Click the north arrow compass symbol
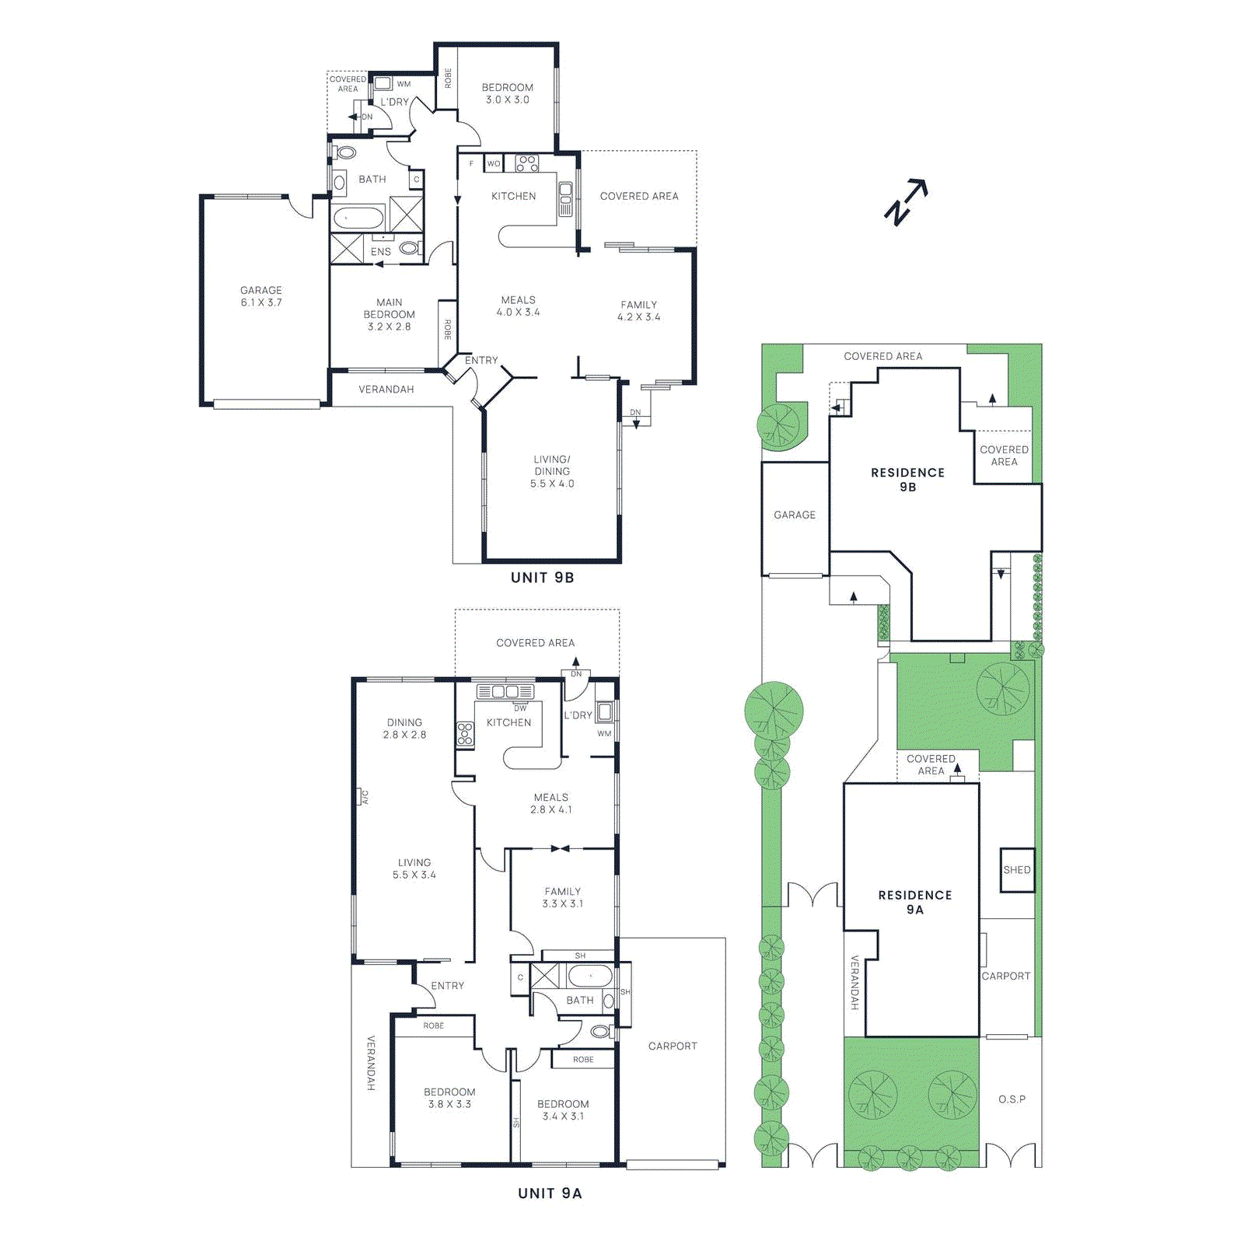point(906,201)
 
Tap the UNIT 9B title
point(542,578)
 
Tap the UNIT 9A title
point(550,1193)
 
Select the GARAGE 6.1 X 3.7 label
point(261,296)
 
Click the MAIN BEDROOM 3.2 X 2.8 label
point(390,314)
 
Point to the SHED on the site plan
point(1017,870)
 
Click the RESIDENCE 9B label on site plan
point(907,480)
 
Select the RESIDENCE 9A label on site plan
point(915,903)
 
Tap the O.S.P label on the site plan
point(1012,1099)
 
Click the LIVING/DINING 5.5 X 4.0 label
point(552,471)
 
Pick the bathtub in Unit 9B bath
point(358,218)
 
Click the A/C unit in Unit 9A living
point(363,797)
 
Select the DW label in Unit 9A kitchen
point(520,708)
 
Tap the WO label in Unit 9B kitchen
point(494,164)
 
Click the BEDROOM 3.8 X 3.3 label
point(449,1098)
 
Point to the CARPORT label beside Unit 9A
point(673,1047)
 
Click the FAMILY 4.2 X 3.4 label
point(639,311)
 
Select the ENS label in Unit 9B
point(381,252)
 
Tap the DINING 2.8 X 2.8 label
point(404,729)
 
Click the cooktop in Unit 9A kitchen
point(465,734)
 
